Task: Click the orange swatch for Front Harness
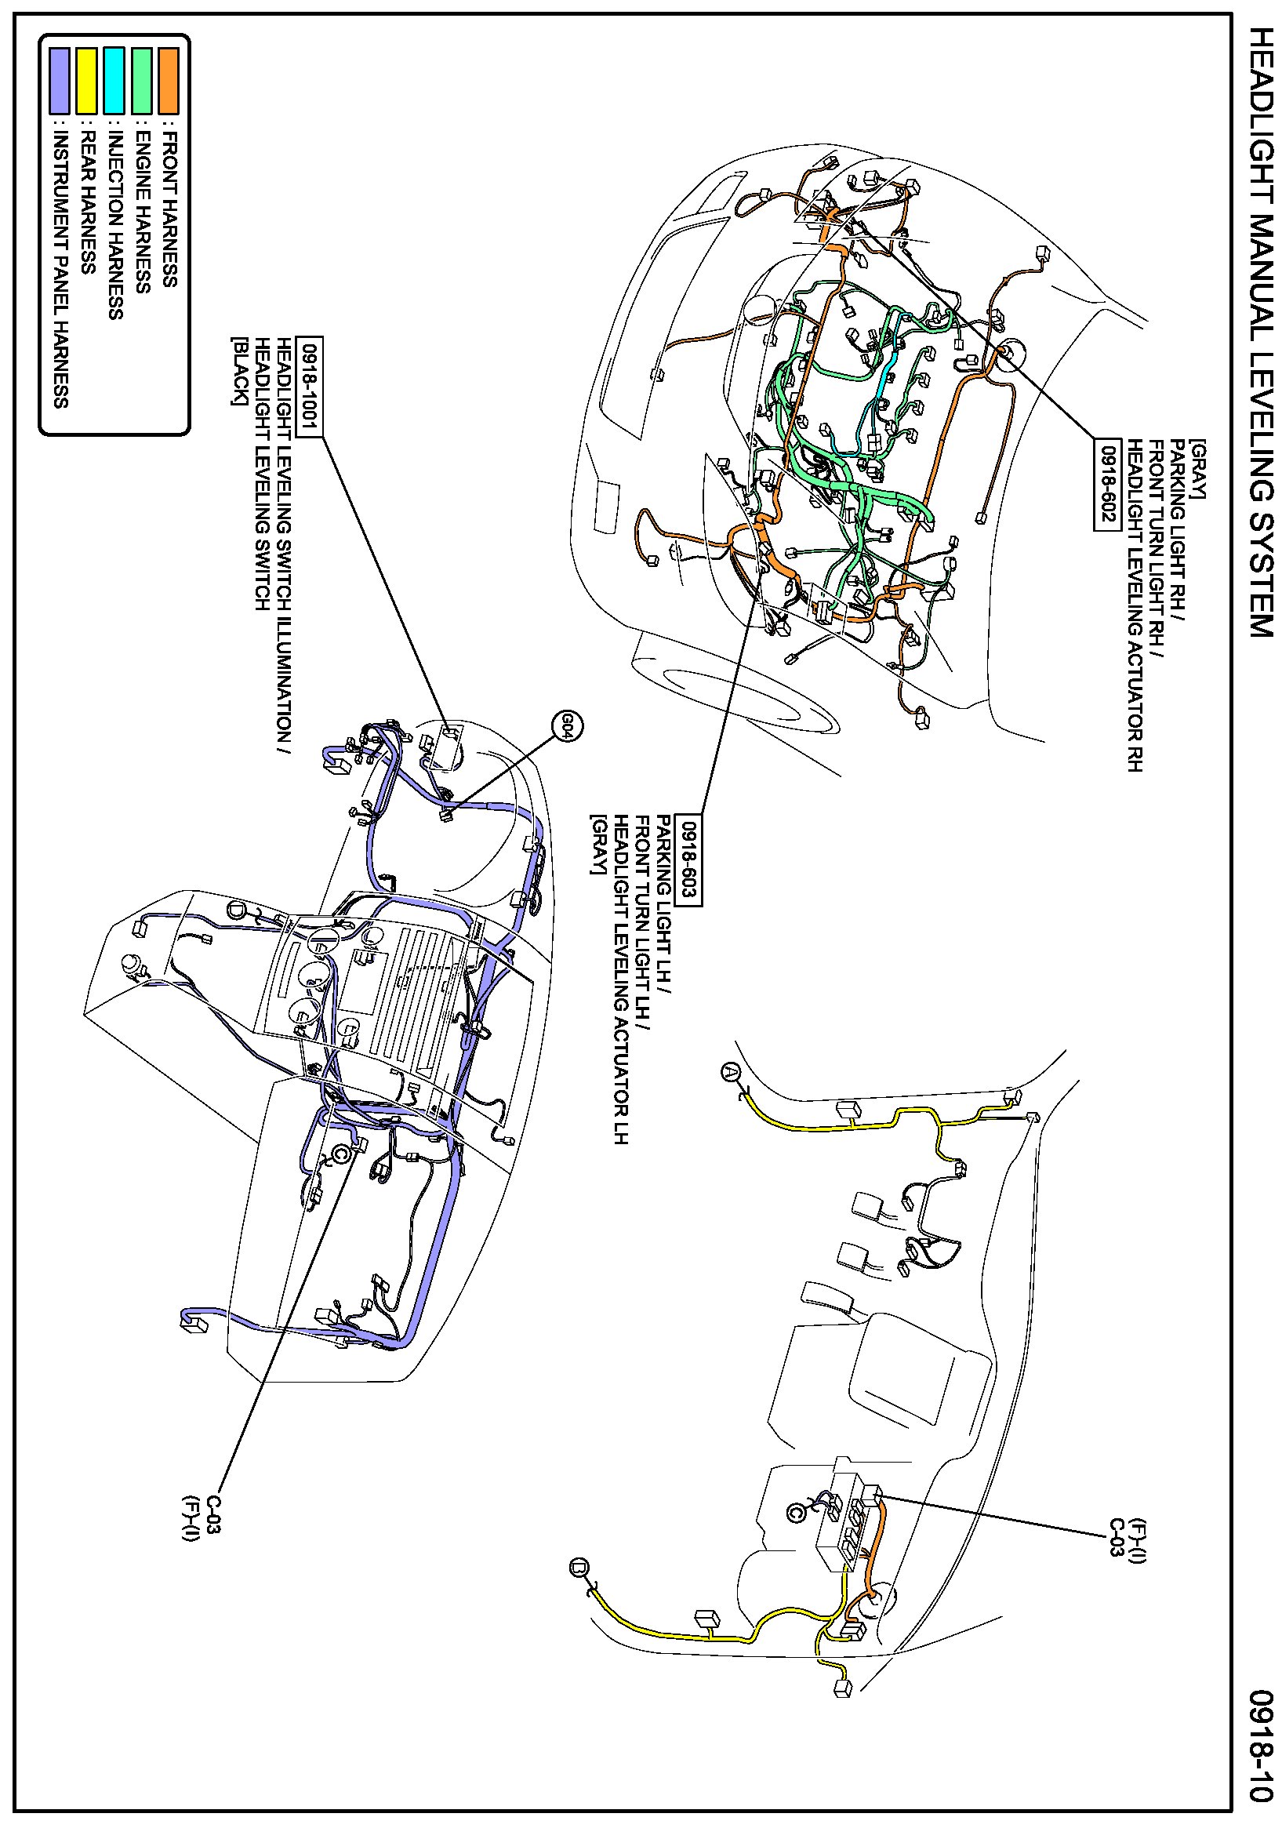pos(168,81)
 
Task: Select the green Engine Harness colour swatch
pos(142,81)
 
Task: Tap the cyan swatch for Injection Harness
pos(114,81)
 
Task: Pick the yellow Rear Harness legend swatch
pos(87,81)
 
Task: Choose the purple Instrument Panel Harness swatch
pos(60,81)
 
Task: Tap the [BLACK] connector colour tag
pos(237,372)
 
